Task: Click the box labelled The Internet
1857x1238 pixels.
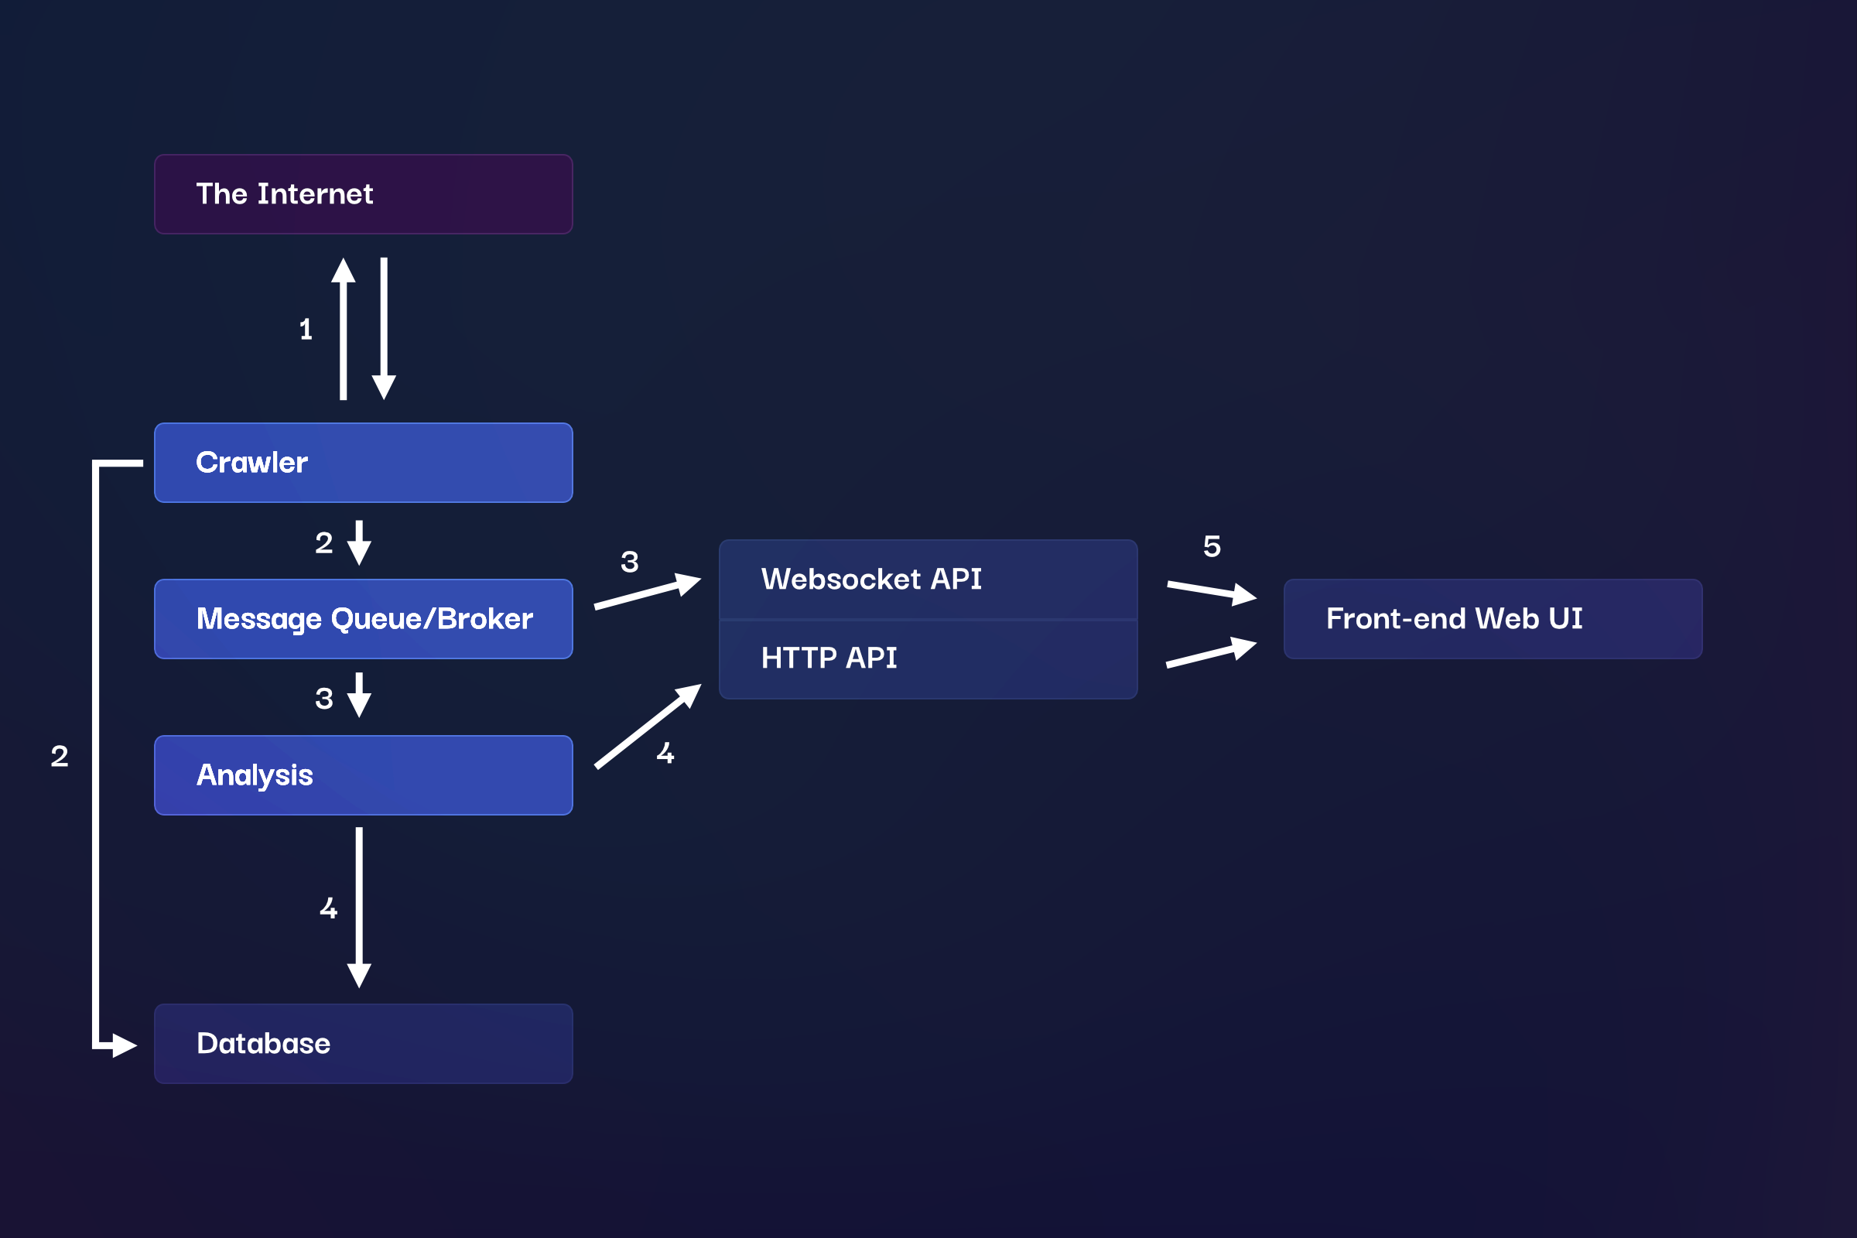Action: click(x=363, y=194)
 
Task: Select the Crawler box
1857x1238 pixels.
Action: click(x=363, y=463)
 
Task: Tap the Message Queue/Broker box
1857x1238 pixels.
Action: click(x=363, y=619)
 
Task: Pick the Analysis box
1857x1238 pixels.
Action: click(x=363, y=775)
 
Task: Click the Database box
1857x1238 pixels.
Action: click(x=363, y=1044)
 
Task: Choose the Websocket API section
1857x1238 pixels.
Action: click(x=928, y=580)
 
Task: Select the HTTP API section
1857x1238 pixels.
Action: click(x=928, y=658)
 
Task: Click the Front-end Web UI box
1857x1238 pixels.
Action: click(x=1493, y=619)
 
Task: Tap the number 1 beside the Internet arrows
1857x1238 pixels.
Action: click(x=306, y=330)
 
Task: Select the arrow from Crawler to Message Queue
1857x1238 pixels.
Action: click(x=359, y=543)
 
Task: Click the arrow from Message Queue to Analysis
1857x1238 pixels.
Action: click(x=359, y=695)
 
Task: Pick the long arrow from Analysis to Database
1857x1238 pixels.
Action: click(x=359, y=908)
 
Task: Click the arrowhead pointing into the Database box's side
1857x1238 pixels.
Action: click(x=125, y=1045)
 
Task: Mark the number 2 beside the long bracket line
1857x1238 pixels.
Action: click(x=60, y=757)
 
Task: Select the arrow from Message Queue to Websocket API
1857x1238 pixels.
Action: click(x=648, y=593)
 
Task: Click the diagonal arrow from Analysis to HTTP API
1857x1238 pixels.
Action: click(x=648, y=727)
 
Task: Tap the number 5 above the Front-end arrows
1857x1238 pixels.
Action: click(x=1212, y=546)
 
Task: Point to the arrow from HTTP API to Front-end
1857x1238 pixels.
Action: click(x=1211, y=654)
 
